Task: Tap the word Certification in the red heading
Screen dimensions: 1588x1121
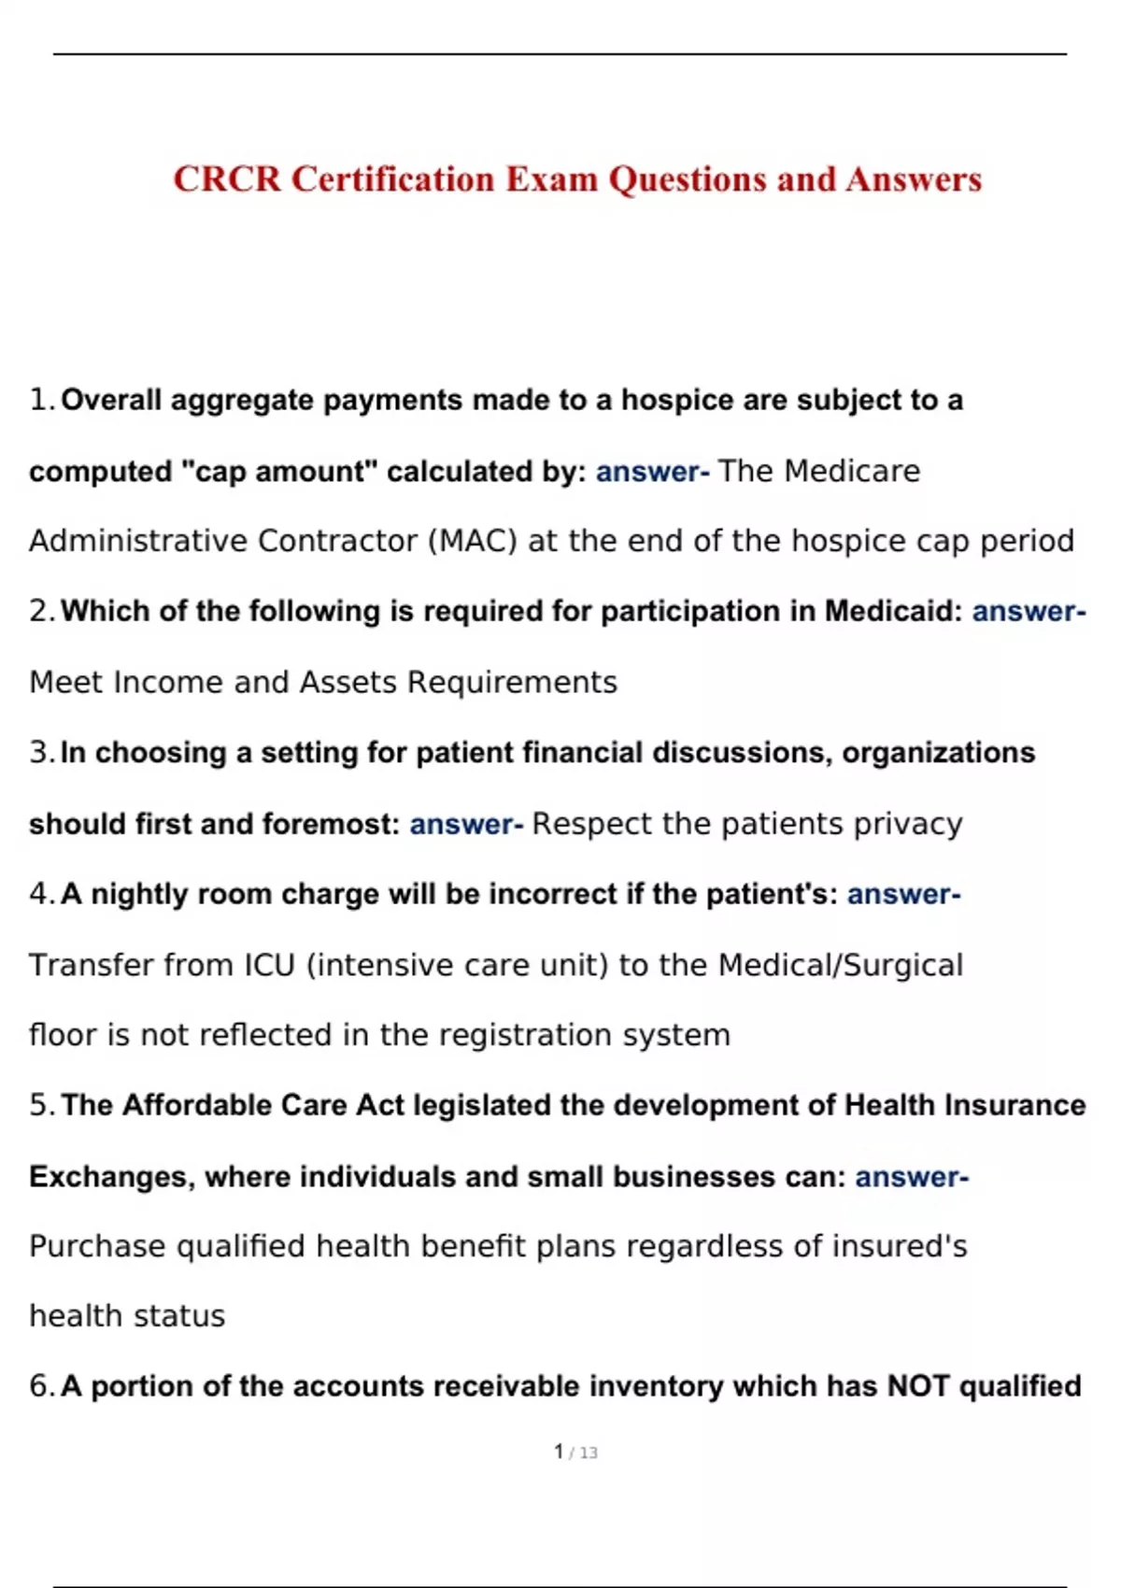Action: click(x=392, y=178)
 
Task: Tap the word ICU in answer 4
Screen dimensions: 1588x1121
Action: click(x=270, y=965)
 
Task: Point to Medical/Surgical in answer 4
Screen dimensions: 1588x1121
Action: click(x=840, y=965)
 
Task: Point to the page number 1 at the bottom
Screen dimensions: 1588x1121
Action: click(x=559, y=1452)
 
